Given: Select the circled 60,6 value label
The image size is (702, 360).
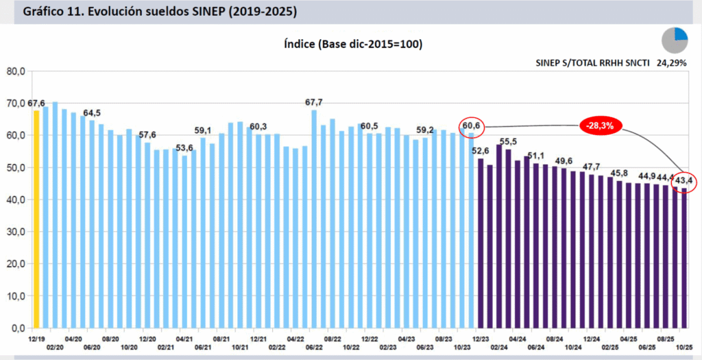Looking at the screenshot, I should point(472,126).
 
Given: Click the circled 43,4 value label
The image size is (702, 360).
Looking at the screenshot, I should point(684,180).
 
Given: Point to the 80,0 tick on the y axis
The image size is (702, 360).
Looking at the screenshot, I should point(16,71).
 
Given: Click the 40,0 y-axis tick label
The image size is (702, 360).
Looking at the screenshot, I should point(16,200).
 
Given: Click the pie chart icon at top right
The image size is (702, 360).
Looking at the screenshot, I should point(675,40).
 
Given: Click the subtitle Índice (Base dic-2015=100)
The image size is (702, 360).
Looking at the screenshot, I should point(352,44).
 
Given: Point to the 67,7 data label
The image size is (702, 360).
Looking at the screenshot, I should point(315,102).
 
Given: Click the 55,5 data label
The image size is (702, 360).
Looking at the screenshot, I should point(508,141).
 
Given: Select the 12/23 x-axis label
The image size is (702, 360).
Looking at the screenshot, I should point(479,339).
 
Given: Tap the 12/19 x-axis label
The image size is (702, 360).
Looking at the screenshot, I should point(36,339).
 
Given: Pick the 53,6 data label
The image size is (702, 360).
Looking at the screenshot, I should point(184,147).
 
